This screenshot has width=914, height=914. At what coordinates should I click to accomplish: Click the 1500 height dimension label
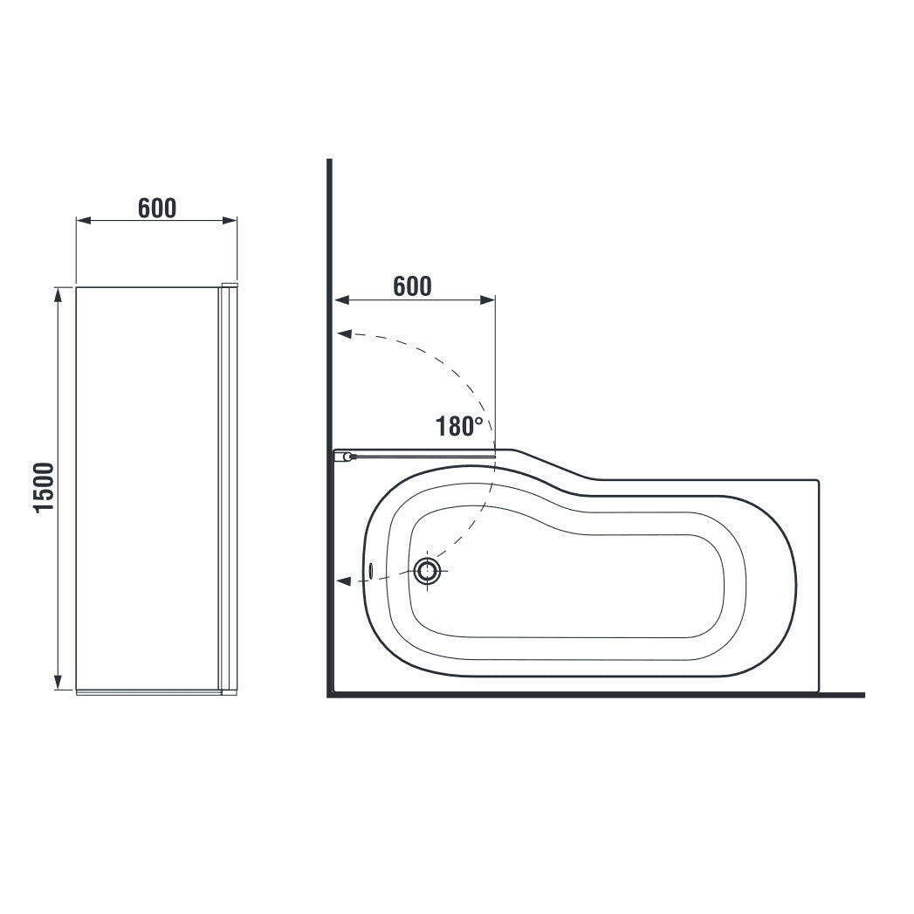45,487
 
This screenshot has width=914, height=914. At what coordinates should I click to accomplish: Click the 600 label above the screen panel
157,208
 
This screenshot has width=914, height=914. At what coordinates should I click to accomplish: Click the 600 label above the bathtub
412,286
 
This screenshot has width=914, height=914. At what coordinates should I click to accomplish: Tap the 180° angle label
459,427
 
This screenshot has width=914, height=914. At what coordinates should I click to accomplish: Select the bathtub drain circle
429,570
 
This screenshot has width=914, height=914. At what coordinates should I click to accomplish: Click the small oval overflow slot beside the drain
371,571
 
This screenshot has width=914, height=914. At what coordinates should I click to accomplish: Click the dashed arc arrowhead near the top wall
344,334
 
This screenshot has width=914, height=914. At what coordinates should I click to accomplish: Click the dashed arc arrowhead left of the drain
344,581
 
